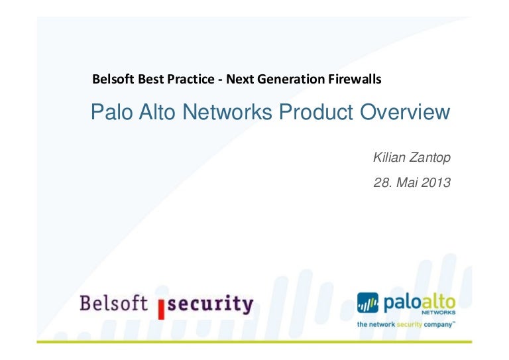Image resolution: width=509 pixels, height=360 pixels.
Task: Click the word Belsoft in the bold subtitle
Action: pyautogui.click(x=113, y=79)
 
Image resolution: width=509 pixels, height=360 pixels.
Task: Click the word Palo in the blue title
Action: pyautogui.click(x=111, y=112)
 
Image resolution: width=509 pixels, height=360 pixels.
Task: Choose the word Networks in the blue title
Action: pyautogui.click(x=227, y=112)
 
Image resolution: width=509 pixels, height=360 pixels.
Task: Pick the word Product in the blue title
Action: pyautogui.click(x=316, y=112)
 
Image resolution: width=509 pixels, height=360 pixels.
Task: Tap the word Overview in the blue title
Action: pyautogui.click(x=405, y=112)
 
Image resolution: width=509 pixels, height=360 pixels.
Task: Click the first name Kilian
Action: pyautogui.click(x=389, y=157)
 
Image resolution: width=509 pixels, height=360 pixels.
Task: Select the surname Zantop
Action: pyautogui.click(x=429, y=158)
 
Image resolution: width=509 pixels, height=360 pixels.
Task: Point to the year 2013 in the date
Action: pyautogui.click(x=436, y=182)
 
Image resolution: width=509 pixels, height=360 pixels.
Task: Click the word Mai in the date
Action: pyautogui.click(x=407, y=182)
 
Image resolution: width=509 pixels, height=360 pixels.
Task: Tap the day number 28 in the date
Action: pyautogui.click(x=382, y=182)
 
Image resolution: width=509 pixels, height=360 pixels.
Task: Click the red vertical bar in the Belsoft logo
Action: pyautogui.click(x=161, y=310)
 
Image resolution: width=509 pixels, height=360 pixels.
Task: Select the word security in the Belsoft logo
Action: pyautogui.click(x=210, y=304)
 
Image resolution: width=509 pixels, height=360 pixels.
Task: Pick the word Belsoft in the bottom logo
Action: pyautogui.click(x=113, y=303)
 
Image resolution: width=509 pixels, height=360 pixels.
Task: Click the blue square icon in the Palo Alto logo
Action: pyautogui.click(x=368, y=302)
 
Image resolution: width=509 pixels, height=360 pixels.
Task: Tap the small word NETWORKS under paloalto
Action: pyautogui.click(x=438, y=313)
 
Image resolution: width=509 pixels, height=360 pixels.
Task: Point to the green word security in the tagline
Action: pyautogui.click(x=409, y=324)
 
